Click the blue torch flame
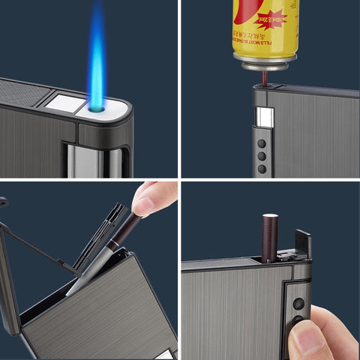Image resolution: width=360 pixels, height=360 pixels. coord(97,56)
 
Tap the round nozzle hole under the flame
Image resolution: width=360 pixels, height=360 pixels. coord(97,109)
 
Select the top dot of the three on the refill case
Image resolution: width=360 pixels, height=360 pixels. coord(262,142)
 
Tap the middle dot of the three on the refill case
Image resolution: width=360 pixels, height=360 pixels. coord(262,155)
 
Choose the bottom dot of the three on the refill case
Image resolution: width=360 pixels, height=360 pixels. coord(262,168)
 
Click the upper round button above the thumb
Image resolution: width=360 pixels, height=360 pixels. coord(298,304)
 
